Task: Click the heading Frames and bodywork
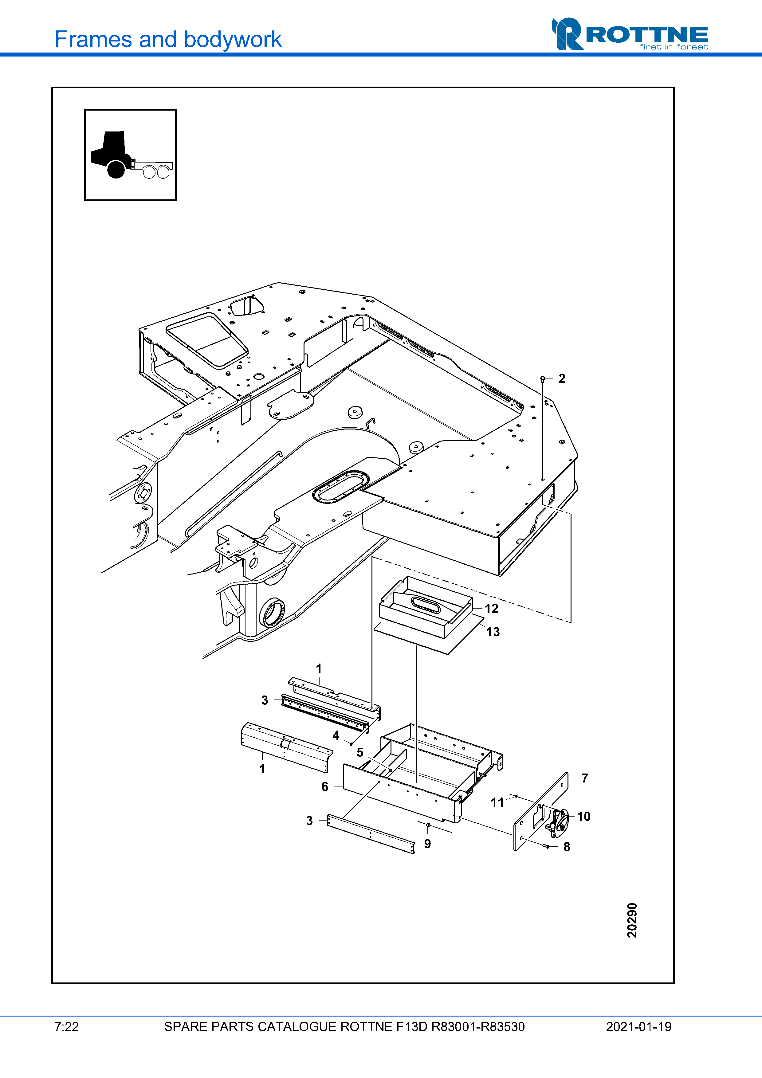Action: (x=168, y=39)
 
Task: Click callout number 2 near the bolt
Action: (x=562, y=378)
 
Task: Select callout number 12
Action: (x=491, y=609)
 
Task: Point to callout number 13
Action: (x=493, y=632)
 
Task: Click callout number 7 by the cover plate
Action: (x=584, y=778)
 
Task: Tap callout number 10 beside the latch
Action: (x=583, y=817)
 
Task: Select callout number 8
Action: (x=567, y=847)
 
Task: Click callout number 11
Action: (x=497, y=802)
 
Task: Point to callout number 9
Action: (x=427, y=844)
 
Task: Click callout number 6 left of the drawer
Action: (x=324, y=786)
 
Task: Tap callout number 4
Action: (x=336, y=735)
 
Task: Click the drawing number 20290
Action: (x=632, y=920)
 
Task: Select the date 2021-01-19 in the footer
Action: (x=638, y=1027)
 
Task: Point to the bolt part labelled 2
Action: (x=543, y=378)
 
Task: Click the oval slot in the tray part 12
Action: (x=425, y=604)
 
